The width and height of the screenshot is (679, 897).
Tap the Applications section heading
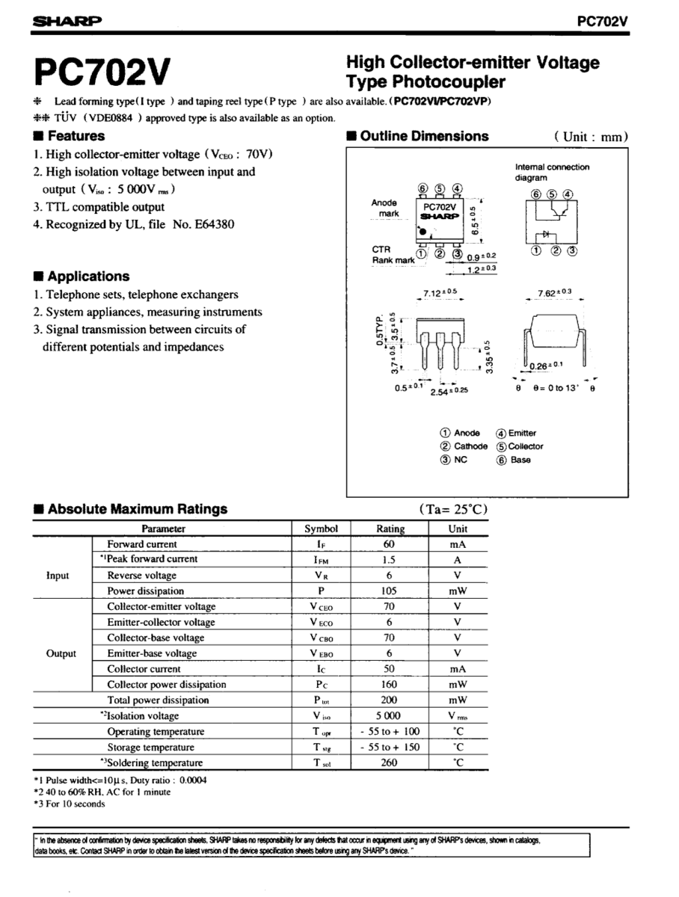click(x=82, y=276)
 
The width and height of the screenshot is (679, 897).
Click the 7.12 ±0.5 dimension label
click(x=440, y=294)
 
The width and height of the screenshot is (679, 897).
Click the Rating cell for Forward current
click(x=389, y=544)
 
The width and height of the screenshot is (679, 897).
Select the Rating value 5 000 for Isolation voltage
click(x=389, y=715)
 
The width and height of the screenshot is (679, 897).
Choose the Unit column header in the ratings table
click(x=458, y=528)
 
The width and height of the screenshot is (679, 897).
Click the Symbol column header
click(x=322, y=528)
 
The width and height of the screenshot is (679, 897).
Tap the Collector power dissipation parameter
click(x=166, y=684)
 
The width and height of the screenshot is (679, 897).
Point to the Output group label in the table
click(x=61, y=653)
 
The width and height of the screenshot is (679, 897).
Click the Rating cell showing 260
click(x=389, y=762)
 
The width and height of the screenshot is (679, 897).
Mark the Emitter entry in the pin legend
click(x=516, y=433)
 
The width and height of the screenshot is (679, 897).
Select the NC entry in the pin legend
click(x=454, y=460)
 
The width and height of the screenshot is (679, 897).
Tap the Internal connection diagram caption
click(x=552, y=173)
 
